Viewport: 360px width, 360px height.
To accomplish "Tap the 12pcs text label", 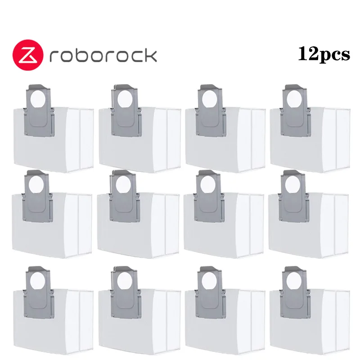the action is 324,54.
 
